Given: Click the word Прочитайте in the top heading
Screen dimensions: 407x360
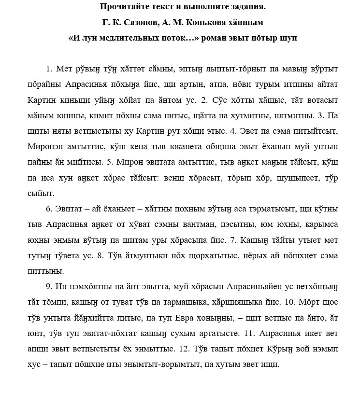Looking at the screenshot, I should [123, 7].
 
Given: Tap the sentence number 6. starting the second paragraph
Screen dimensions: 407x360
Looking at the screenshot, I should [49, 209].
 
